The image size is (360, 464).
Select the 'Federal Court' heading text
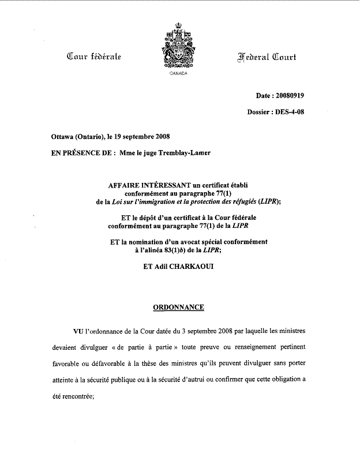(267, 56)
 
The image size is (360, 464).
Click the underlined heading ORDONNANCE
(178, 307)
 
